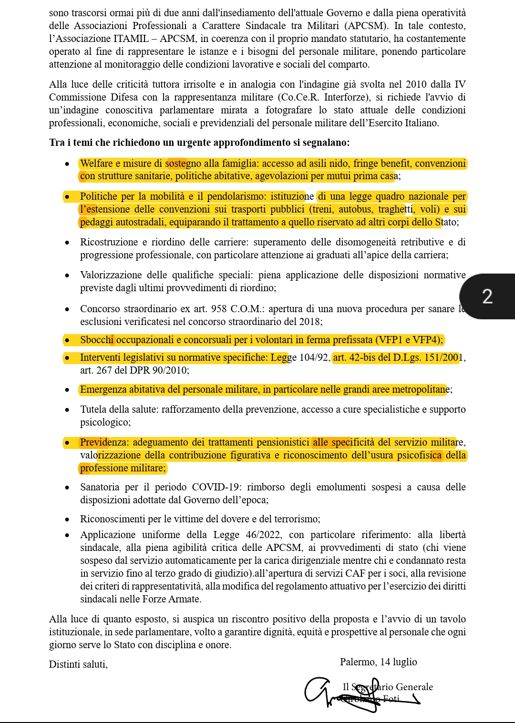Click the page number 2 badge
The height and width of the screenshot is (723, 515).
pos(487,296)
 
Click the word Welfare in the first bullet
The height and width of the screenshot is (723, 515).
pos(96,163)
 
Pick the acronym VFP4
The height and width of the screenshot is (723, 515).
pos(428,340)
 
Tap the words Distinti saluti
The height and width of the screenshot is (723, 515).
pos(78,664)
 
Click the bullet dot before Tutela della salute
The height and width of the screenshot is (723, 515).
pos(68,410)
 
